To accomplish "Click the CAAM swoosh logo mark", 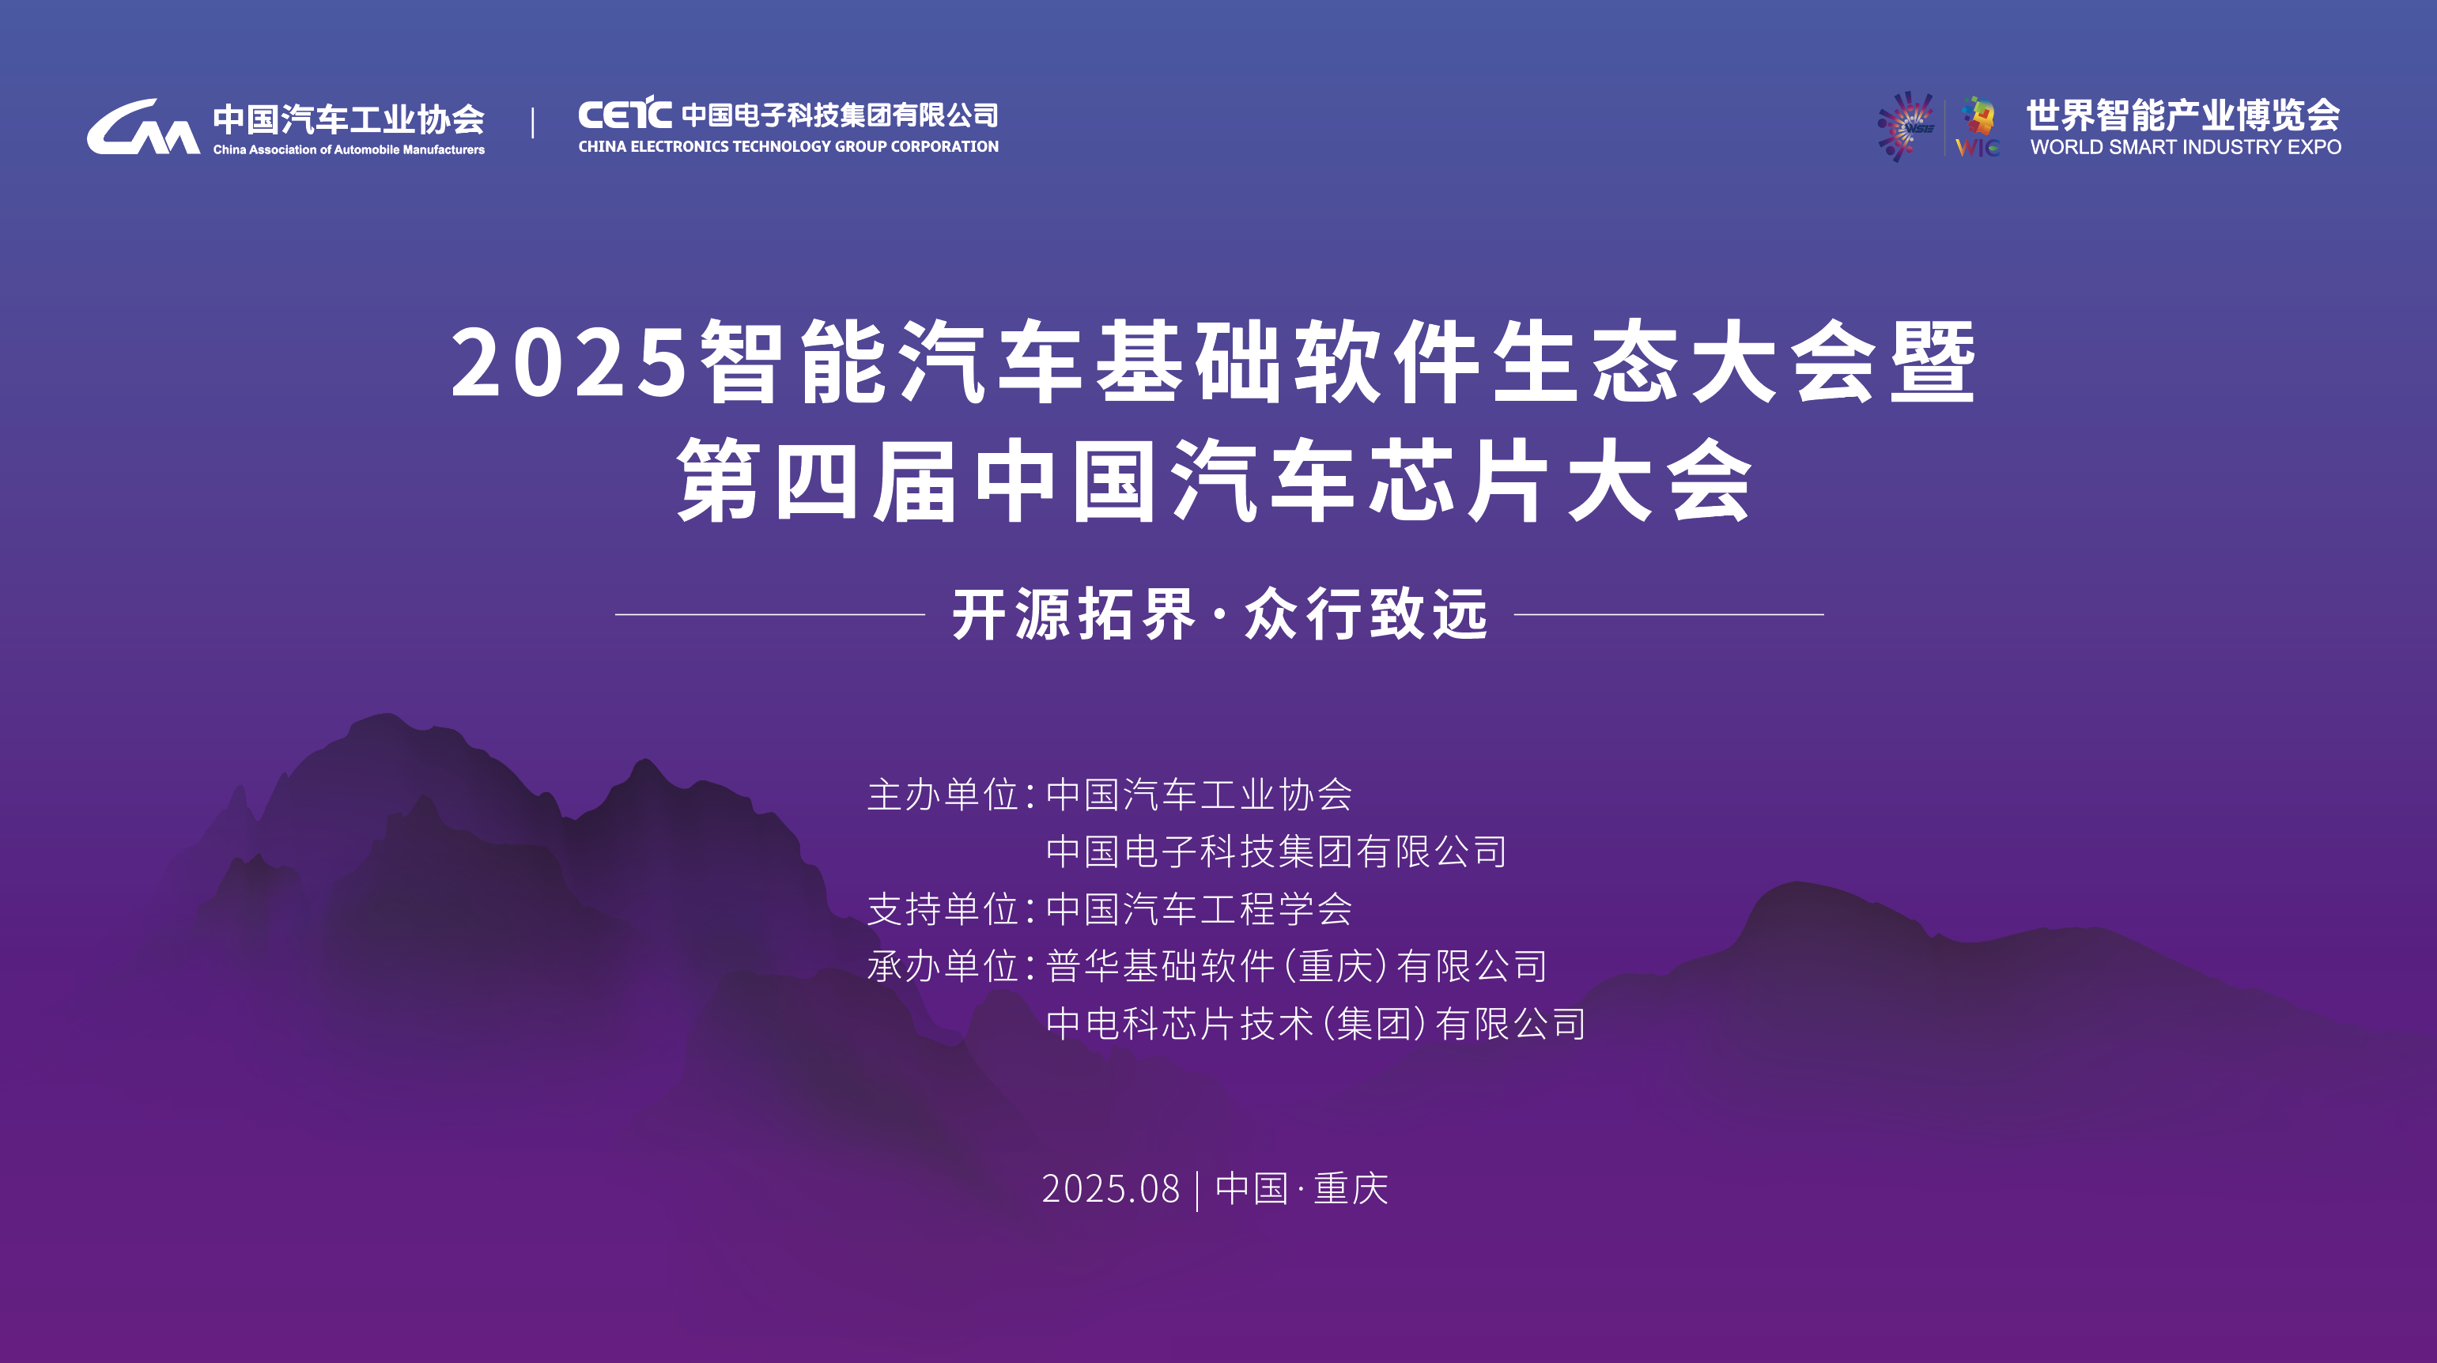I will [142, 128].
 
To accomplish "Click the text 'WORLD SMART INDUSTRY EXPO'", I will [2186, 148].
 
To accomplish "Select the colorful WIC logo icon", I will [1978, 126].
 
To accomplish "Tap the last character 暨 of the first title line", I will [1932, 362].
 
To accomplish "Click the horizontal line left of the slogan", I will [769, 615].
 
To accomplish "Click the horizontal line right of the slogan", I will [1668, 615].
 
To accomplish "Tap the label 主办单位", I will [943, 795].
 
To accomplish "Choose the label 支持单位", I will [943, 909].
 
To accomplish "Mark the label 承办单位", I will [943, 967].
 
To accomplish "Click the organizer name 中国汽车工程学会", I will [1199, 909].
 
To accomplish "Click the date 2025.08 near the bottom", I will [1111, 1189].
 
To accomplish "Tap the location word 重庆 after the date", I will [1350, 1189].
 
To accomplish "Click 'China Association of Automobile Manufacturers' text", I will [348, 149].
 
